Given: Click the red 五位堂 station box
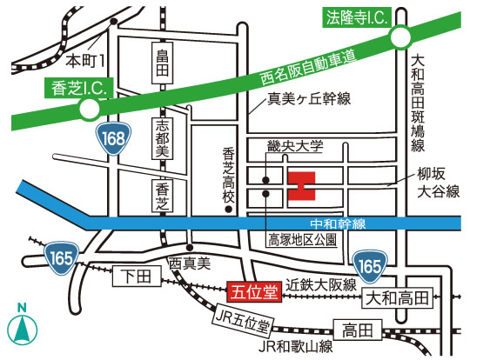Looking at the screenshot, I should (x=252, y=292).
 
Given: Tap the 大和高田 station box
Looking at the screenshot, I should (x=396, y=297).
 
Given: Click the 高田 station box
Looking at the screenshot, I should (x=357, y=329).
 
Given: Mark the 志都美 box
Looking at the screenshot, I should (x=161, y=137).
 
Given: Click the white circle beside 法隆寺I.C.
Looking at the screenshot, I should (x=400, y=37).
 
